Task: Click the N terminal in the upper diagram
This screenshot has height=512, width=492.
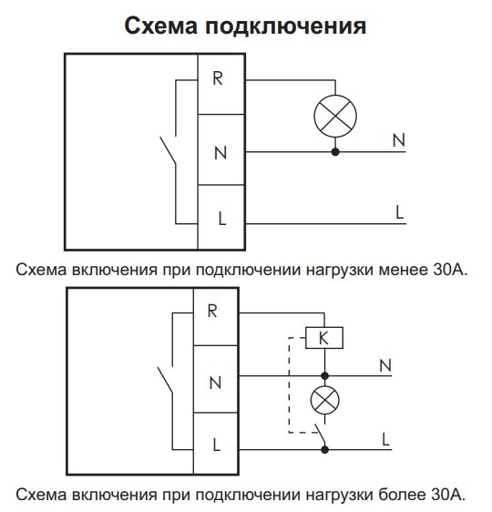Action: click(220, 151)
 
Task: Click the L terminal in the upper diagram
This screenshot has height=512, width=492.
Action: click(220, 220)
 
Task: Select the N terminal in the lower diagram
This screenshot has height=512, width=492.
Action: click(215, 383)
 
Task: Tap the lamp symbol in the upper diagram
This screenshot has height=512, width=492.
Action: click(335, 116)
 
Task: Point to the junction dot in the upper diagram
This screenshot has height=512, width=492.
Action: click(335, 151)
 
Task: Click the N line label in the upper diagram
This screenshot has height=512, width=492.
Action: click(398, 140)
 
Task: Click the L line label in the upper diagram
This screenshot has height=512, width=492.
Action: click(399, 211)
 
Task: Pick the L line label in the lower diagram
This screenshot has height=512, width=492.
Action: click(385, 437)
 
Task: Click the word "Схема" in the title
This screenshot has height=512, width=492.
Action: click(160, 26)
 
